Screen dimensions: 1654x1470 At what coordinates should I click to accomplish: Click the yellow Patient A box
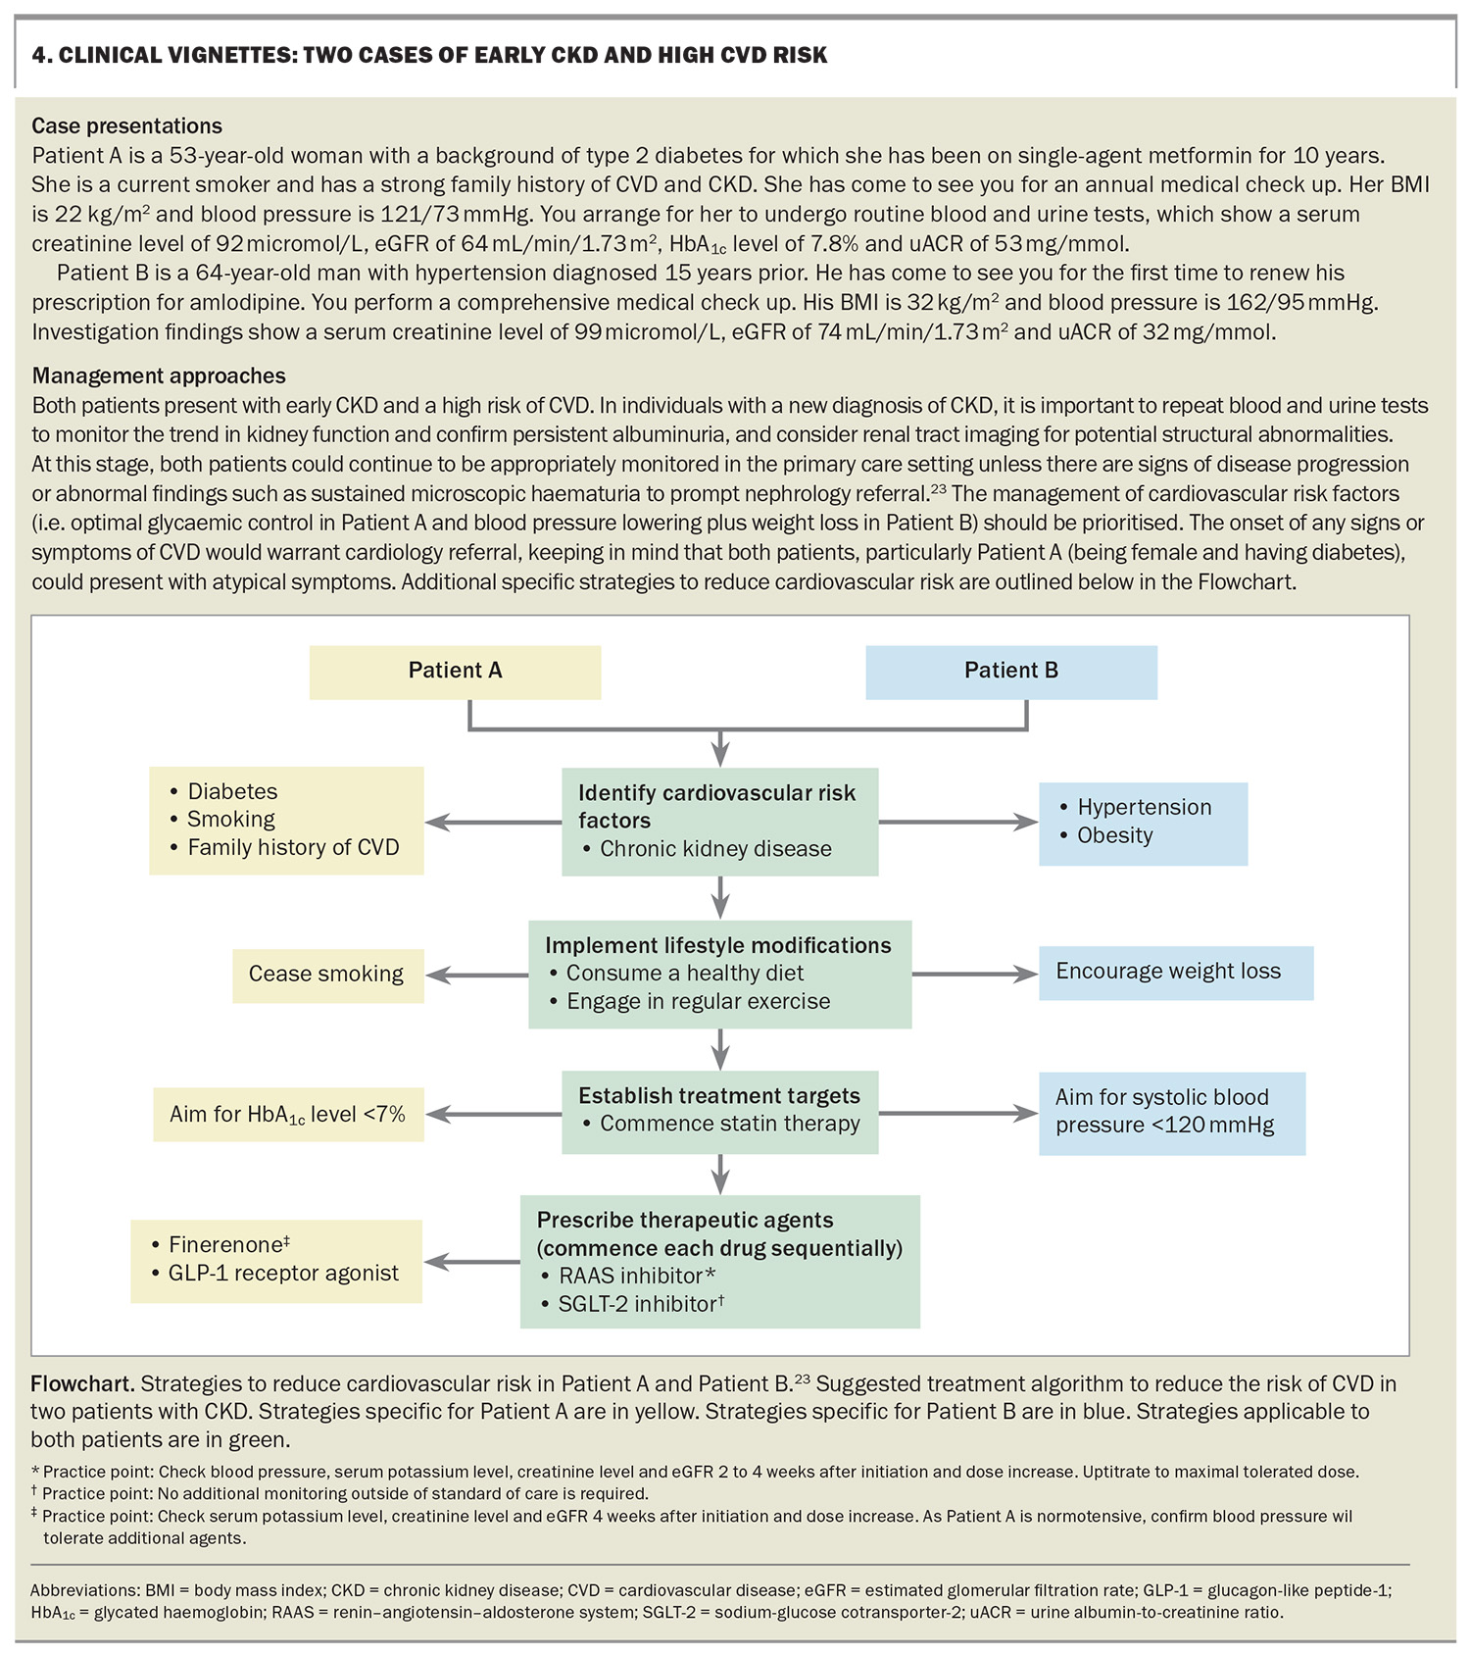pos(455,672)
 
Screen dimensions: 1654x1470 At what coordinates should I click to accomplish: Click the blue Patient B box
pos(1010,672)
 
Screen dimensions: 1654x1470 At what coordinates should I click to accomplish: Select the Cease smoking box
pos(326,975)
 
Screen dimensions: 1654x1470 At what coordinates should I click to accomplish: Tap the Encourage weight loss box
pos(1174,972)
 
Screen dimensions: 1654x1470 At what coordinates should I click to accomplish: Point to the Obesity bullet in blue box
pos(1114,835)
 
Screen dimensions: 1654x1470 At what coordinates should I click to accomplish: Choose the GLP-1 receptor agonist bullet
pos(282,1274)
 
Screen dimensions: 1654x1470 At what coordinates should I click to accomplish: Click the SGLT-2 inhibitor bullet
pos(640,1304)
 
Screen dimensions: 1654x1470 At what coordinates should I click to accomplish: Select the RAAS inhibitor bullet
pos(636,1276)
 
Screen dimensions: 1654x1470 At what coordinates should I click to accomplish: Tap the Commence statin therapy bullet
pos(728,1124)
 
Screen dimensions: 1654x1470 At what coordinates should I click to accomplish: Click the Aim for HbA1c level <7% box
pos(287,1115)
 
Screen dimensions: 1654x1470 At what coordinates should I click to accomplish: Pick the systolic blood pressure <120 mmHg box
pos(1171,1112)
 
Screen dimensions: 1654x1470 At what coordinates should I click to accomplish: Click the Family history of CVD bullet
pos(292,847)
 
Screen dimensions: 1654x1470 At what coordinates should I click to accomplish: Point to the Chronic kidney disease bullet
pos(714,849)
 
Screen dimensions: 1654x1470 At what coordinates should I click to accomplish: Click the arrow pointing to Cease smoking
pos(476,975)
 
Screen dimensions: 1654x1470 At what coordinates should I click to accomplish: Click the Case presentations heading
pos(127,126)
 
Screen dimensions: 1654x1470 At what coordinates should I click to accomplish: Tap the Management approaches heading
pos(159,376)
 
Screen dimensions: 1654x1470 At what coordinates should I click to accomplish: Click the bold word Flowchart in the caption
pos(82,1384)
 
